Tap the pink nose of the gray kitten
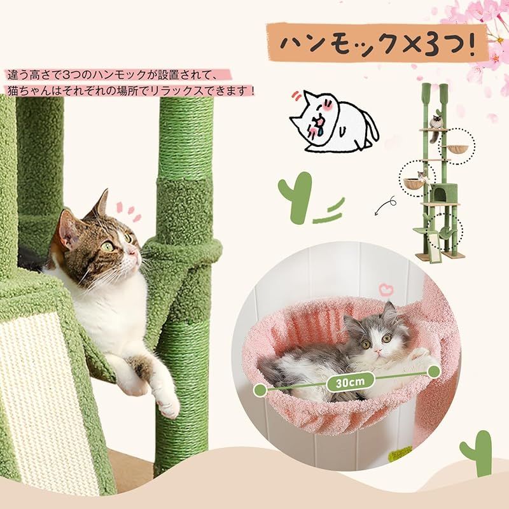click(x=377, y=351)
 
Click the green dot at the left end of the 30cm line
click(x=260, y=389)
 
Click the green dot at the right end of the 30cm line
click(x=434, y=369)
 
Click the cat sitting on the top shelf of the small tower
click(x=436, y=122)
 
